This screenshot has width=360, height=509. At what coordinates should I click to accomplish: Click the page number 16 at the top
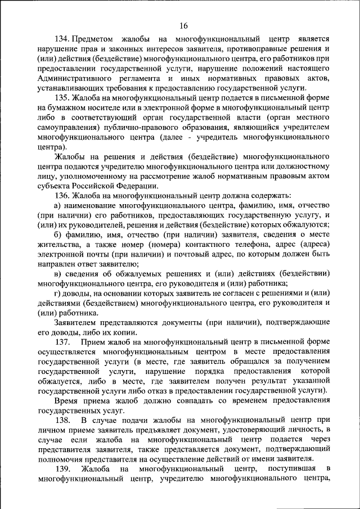tap(184, 25)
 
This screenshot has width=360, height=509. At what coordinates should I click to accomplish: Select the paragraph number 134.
tap(62, 39)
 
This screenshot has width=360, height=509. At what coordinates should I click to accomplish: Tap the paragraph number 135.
tap(62, 97)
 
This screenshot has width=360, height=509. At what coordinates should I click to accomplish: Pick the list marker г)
tap(58, 293)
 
